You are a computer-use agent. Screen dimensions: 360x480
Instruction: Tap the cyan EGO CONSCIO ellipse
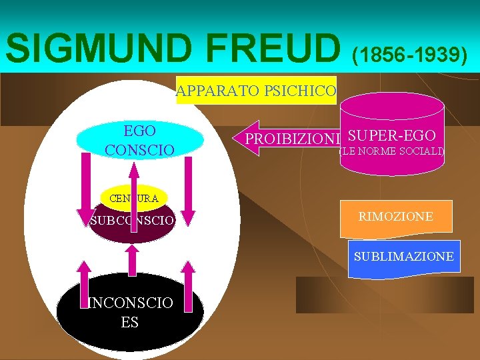pos(140,139)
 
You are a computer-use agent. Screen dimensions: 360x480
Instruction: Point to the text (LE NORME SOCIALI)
pos(392,152)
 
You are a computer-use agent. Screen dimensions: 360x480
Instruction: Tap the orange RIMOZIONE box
pos(395,217)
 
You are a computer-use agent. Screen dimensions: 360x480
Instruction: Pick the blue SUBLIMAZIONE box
pos(404,257)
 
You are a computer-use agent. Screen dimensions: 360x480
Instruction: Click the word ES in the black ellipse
pos(130,322)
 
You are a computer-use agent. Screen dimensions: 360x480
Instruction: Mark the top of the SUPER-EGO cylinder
pos(392,103)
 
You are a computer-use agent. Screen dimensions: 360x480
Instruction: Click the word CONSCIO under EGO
pos(140,149)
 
